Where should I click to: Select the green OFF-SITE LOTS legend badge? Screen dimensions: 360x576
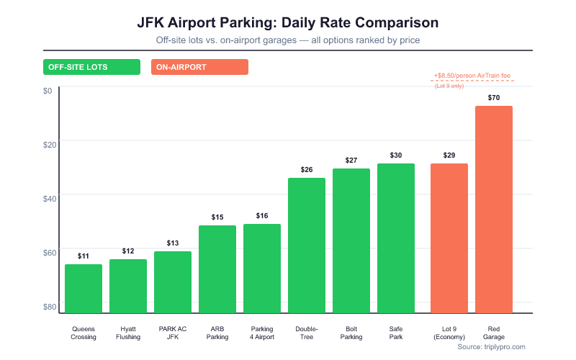91,67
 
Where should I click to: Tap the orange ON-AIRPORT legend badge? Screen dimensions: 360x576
199,67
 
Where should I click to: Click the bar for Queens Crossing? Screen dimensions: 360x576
84,288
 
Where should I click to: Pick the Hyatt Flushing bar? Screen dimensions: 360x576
128,286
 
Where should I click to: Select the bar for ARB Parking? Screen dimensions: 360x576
217,269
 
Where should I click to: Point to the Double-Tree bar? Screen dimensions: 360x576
307,245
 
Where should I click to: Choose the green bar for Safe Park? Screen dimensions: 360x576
396,238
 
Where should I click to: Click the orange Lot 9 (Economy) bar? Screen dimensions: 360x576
449,238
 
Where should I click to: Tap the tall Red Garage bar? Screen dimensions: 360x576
494,209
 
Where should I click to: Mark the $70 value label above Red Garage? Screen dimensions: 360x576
494,97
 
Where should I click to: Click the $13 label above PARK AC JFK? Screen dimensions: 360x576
173,243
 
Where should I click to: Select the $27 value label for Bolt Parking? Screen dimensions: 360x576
351,160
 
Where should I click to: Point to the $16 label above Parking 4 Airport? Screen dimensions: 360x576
262,215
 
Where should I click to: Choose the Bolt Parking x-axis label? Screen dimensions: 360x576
351,333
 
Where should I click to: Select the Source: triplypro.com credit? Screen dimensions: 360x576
491,346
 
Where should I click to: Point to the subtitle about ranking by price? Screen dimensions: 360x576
287,40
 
